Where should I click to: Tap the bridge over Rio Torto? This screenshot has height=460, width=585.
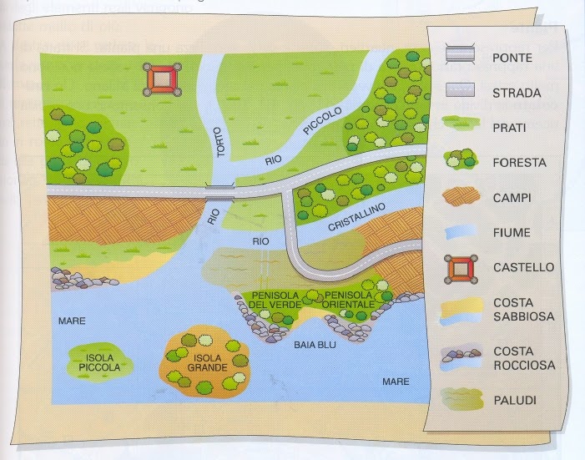tap(220, 192)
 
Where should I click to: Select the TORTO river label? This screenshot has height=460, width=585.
tap(220, 144)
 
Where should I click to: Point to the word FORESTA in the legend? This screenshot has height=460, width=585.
tap(519, 163)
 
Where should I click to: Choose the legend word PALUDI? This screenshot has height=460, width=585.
tap(514, 401)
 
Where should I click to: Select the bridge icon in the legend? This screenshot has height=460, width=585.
tap(460, 56)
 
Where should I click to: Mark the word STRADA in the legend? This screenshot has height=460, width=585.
tap(517, 92)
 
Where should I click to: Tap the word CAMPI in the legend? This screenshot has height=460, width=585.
tap(512, 199)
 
